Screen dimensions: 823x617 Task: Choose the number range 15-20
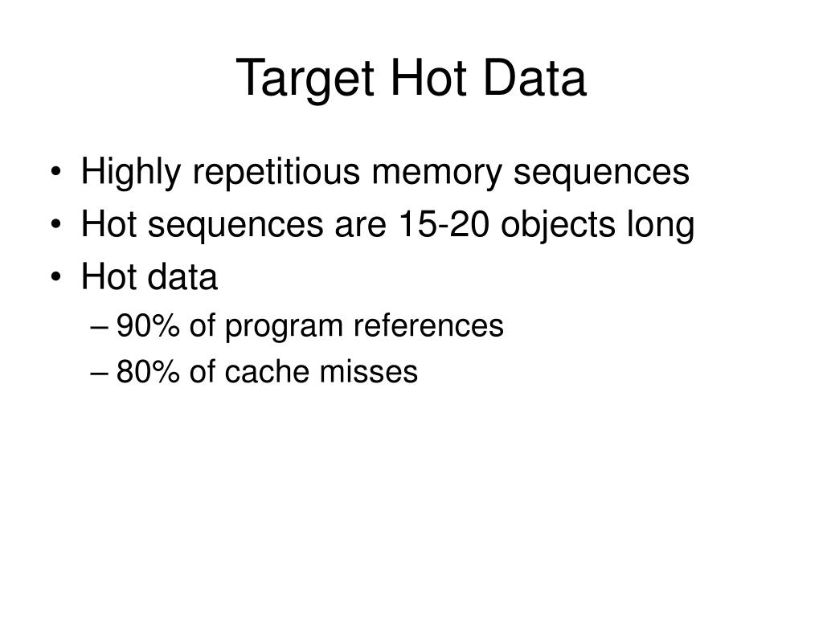[x=444, y=226]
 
